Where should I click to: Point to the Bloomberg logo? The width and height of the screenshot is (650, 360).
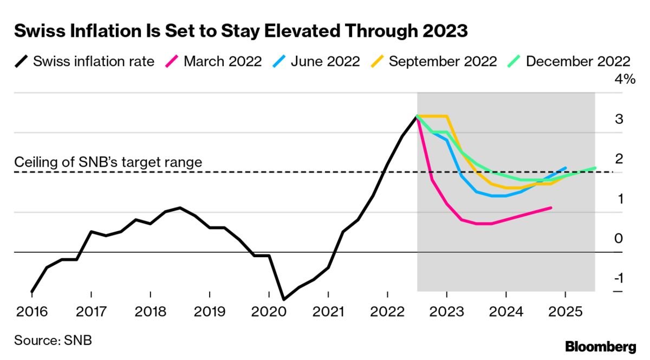(x=600, y=346)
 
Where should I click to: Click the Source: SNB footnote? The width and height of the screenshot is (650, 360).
(x=53, y=341)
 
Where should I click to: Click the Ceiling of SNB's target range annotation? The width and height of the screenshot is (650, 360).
(x=108, y=161)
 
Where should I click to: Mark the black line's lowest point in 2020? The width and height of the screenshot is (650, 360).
(x=284, y=299)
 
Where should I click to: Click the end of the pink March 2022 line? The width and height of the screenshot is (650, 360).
(x=551, y=207)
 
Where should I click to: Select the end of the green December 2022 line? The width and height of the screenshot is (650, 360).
(x=595, y=168)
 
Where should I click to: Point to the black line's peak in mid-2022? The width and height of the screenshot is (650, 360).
(x=417, y=116)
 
